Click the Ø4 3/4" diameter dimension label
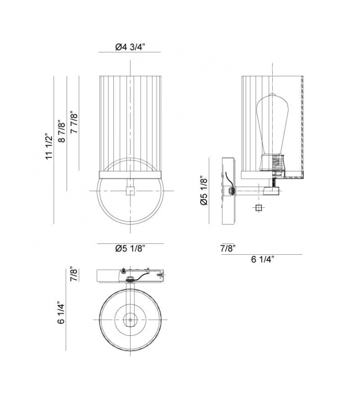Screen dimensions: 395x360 pyautogui.click(x=130, y=47)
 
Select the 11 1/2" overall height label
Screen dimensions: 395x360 pyautogui.click(x=49, y=147)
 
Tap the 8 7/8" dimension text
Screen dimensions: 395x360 pyautogui.click(x=62, y=132)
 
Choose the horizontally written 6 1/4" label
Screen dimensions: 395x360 pyautogui.click(x=263, y=260)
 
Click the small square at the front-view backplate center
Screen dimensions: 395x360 pyautogui.click(x=130, y=191)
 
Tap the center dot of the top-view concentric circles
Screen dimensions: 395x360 pyautogui.click(x=130, y=320)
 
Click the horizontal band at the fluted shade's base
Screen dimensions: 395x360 pyautogui.click(x=130, y=174)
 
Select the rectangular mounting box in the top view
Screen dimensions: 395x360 pyautogui.click(x=130, y=276)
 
